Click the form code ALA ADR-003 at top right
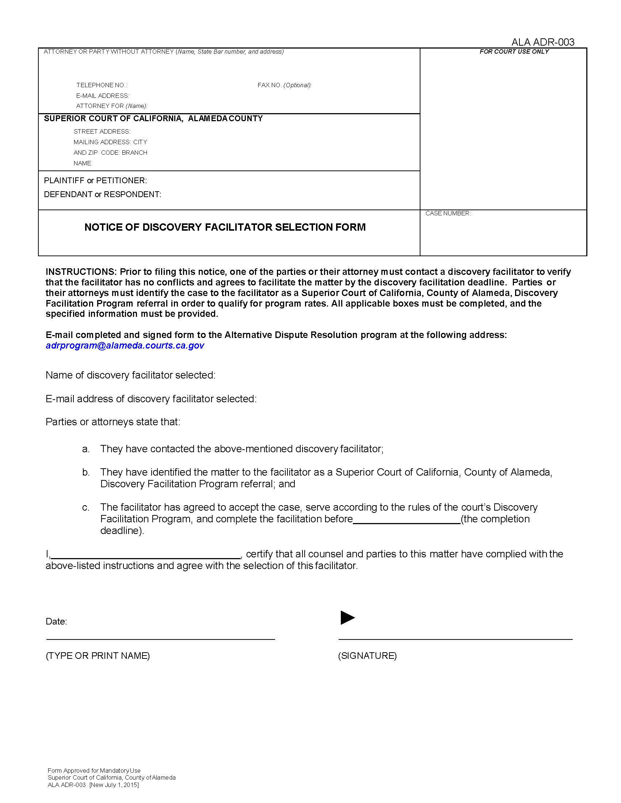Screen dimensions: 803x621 pyautogui.click(x=542, y=42)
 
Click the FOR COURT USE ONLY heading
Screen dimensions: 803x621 pyautogui.click(x=514, y=52)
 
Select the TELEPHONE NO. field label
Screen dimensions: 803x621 pyautogui.click(x=102, y=85)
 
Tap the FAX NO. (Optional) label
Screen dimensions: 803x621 pyautogui.click(x=284, y=85)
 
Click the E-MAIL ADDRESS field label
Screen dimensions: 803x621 pyautogui.click(x=102, y=96)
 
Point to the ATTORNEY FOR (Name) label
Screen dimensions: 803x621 pyautogui.click(x=111, y=106)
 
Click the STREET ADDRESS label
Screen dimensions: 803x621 pyautogui.click(x=102, y=132)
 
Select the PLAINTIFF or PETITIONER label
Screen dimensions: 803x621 pyautogui.click(x=95, y=181)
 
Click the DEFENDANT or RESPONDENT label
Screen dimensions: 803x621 pyautogui.click(x=102, y=195)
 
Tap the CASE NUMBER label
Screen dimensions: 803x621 pyautogui.click(x=448, y=214)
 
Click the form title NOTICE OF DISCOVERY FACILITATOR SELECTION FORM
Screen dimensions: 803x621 pyautogui.click(x=225, y=227)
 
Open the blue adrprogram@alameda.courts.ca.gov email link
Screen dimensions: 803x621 pyautogui.click(x=125, y=346)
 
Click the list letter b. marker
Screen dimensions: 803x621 pyautogui.click(x=86, y=472)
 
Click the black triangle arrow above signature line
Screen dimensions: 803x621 pyautogui.click(x=347, y=618)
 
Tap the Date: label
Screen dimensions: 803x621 pyautogui.click(x=56, y=622)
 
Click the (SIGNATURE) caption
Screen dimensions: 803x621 pyautogui.click(x=367, y=656)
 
